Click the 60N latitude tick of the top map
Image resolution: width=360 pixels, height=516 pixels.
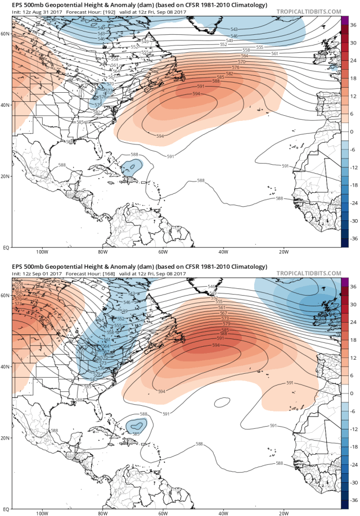(x=6, y=34)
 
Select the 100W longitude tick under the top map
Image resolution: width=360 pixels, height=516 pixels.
(x=41, y=252)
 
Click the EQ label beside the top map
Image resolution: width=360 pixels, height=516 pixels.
(x=6, y=247)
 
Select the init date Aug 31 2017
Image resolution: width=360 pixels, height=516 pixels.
(x=39, y=12)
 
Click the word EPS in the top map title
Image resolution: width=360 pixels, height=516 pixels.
(x=9, y=4)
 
